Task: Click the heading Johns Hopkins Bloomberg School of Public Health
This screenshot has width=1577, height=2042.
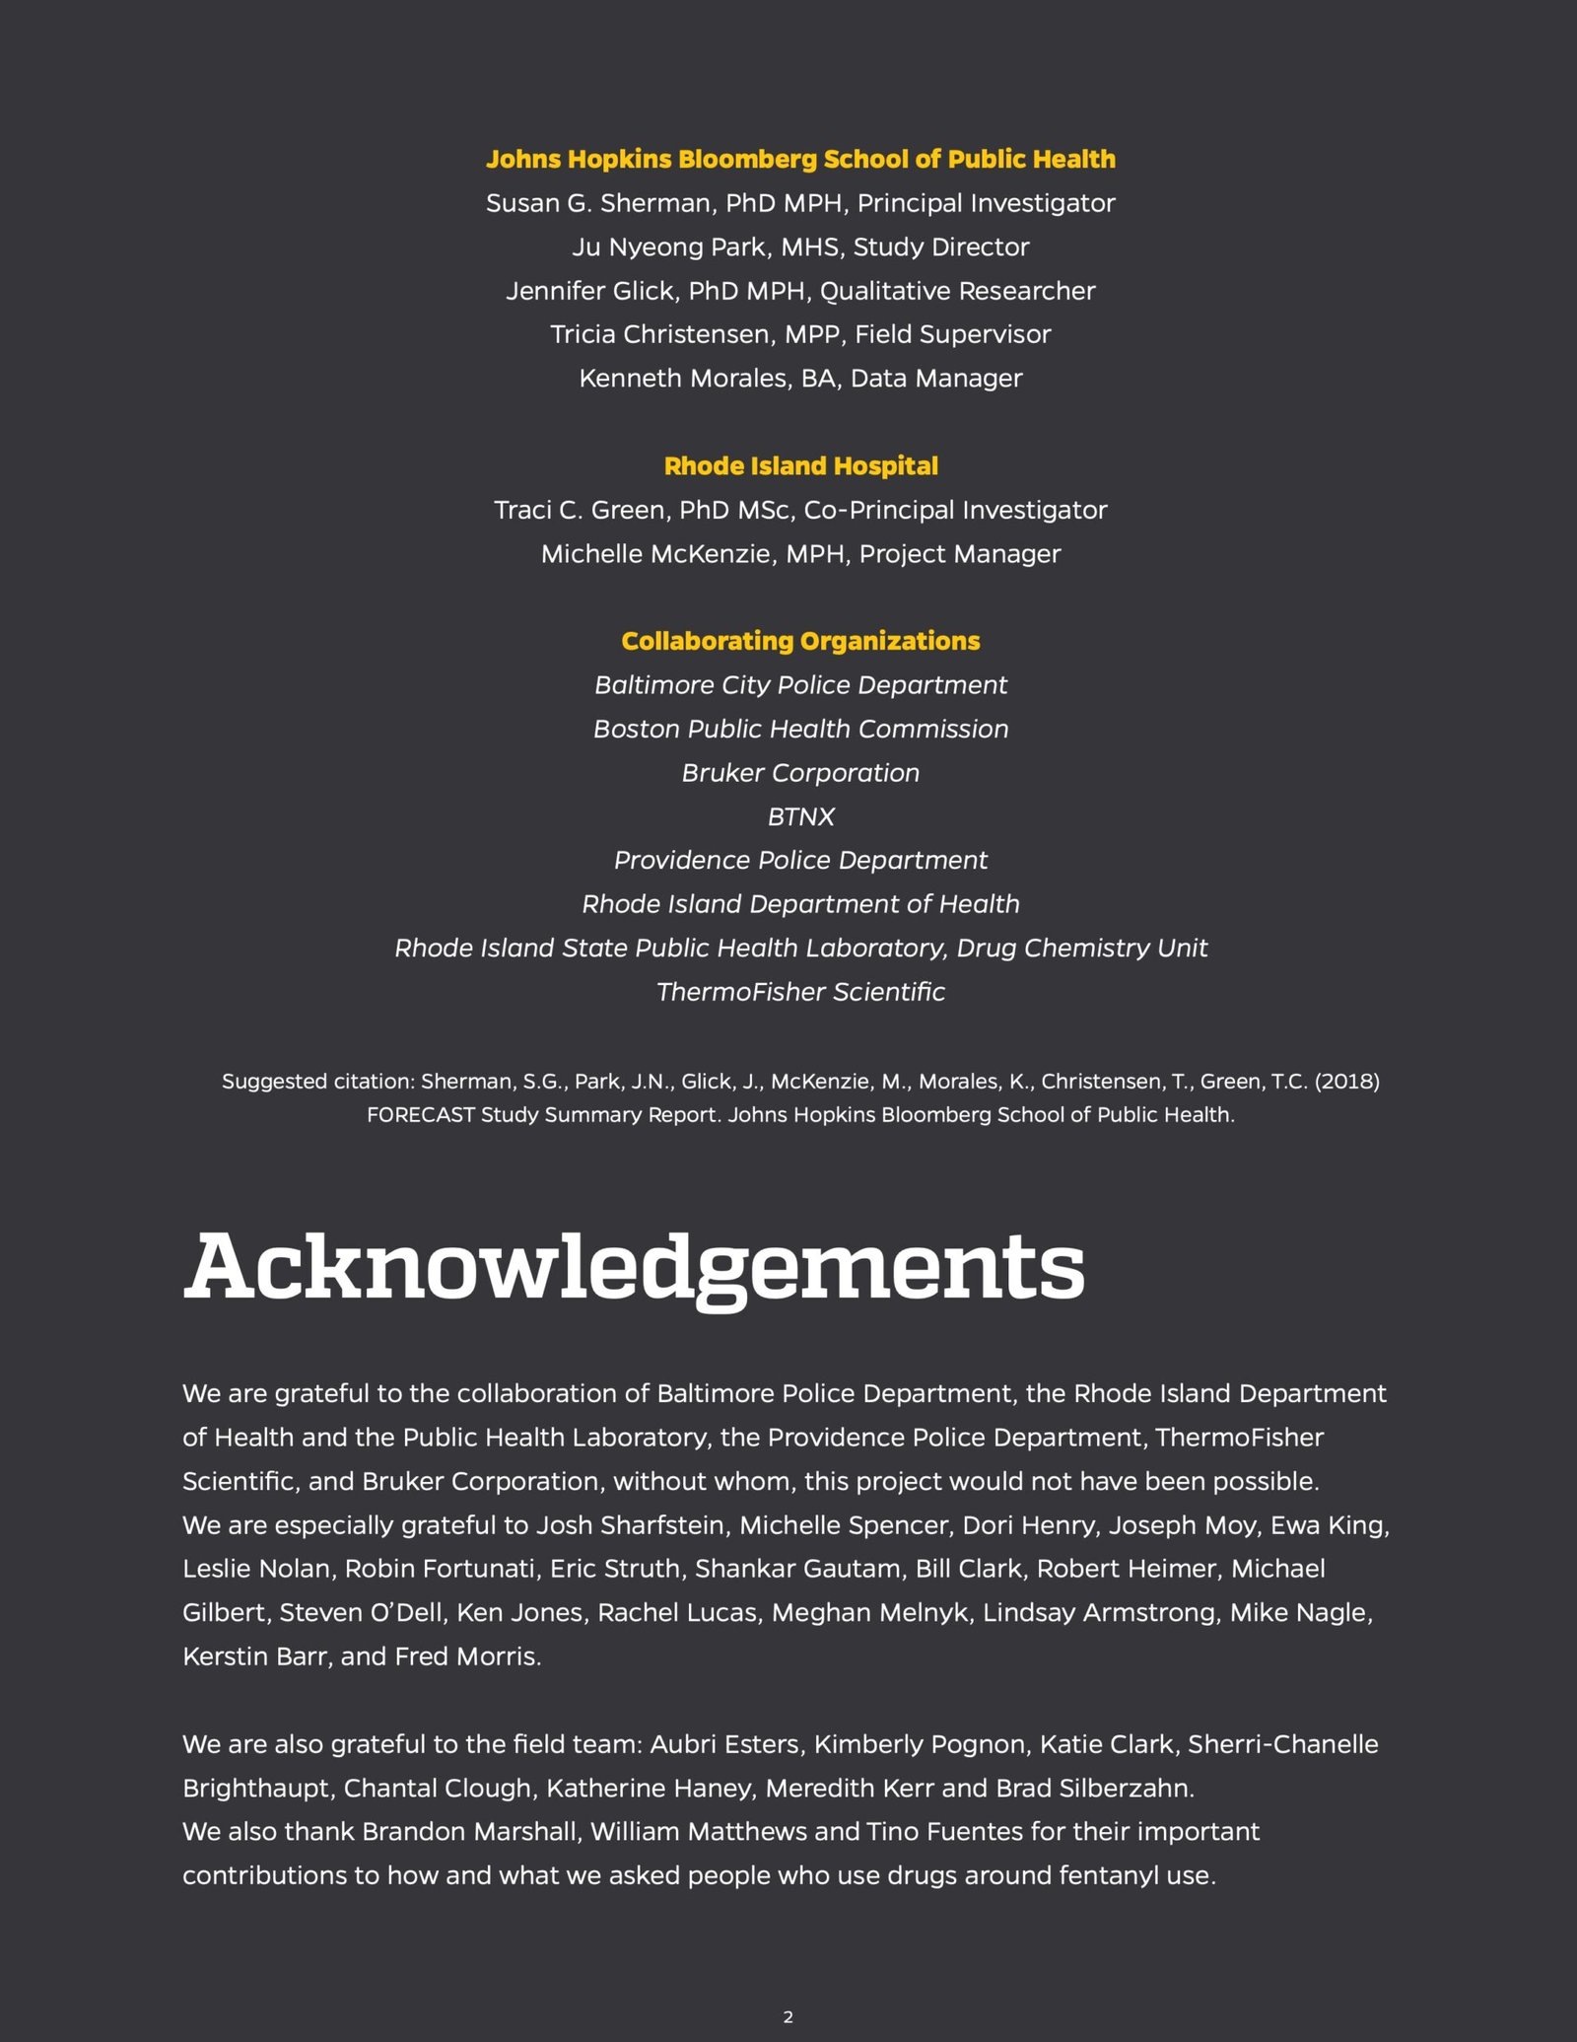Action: click(800, 160)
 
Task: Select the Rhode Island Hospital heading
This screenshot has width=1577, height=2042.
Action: click(800, 466)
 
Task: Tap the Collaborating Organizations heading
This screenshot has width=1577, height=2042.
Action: click(800, 641)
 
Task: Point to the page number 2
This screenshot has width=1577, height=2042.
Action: click(788, 2017)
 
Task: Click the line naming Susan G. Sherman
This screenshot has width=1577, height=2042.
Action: click(800, 203)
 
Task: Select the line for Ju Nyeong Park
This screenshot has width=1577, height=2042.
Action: click(800, 247)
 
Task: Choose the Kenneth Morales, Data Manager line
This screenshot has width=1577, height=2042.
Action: click(800, 379)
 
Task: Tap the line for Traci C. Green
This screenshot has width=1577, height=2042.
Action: click(800, 510)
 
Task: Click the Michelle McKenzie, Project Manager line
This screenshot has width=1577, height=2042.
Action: click(800, 554)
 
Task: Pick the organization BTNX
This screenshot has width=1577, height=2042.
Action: click(800, 816)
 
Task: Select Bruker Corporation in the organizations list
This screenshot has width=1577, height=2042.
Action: click(800, 773)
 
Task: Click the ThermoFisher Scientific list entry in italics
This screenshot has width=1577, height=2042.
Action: click(800, 992)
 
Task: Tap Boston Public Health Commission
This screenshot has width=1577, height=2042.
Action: click(800, 729)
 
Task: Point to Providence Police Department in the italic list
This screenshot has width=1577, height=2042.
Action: click(800, 861)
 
